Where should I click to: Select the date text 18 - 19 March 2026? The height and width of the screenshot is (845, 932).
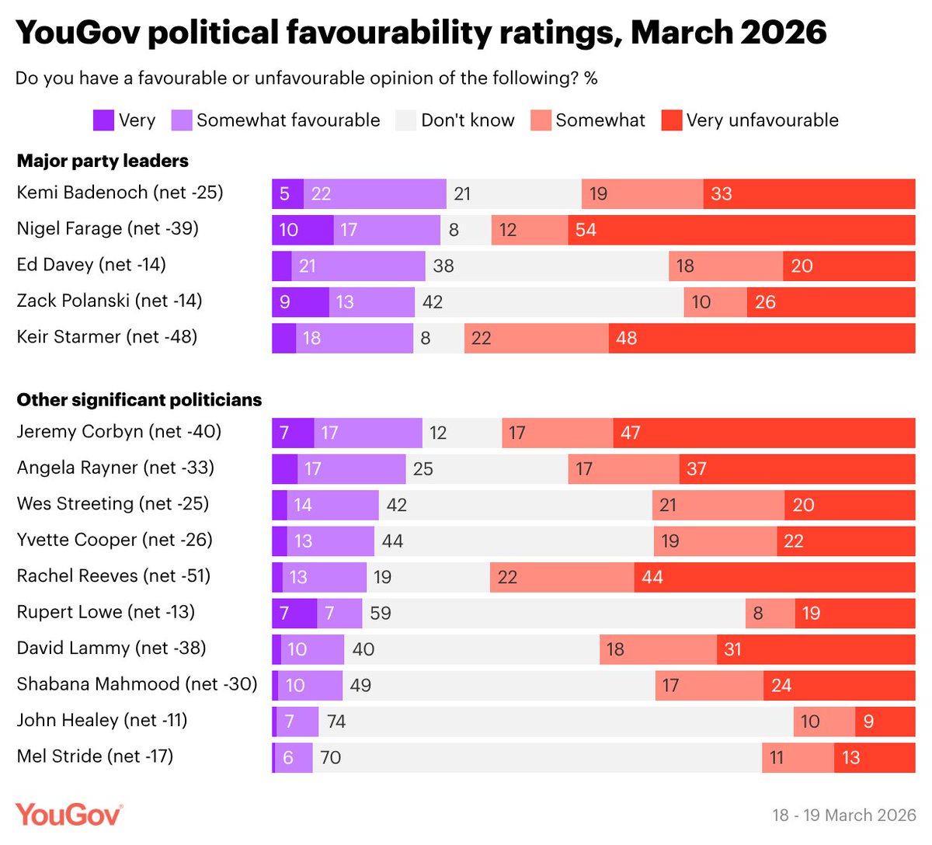(843, 815)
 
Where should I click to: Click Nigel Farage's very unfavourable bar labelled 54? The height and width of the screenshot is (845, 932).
(742, 230)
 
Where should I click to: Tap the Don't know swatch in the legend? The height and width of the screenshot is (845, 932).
(405, 120)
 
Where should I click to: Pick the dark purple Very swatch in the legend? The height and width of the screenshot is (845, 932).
(103, 120)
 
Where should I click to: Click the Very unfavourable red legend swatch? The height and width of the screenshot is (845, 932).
(671, 120)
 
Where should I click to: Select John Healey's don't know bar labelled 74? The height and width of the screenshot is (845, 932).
(555, 722)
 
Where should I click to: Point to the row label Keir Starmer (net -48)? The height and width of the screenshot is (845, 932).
(107, 337)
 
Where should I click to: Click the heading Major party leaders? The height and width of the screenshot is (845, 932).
(103, 161)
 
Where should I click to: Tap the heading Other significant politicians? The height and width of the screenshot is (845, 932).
(140, 400)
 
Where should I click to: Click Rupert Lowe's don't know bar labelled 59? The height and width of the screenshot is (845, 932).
(553, 614)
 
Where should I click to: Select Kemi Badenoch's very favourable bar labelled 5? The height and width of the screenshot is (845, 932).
(287, 194)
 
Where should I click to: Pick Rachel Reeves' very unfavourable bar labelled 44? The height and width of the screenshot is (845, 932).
(774, 577)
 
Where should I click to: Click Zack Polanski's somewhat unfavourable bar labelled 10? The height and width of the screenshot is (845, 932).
(715, 302)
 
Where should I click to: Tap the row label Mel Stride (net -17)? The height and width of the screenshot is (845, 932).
(95, 756)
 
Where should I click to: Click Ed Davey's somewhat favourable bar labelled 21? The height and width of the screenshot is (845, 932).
(358, 266)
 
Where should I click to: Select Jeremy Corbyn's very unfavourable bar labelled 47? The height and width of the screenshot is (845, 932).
(763, 433)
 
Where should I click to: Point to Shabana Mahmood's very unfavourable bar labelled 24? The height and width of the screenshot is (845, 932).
(839, 686)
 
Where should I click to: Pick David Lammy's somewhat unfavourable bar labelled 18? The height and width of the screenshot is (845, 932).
(658, 649)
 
